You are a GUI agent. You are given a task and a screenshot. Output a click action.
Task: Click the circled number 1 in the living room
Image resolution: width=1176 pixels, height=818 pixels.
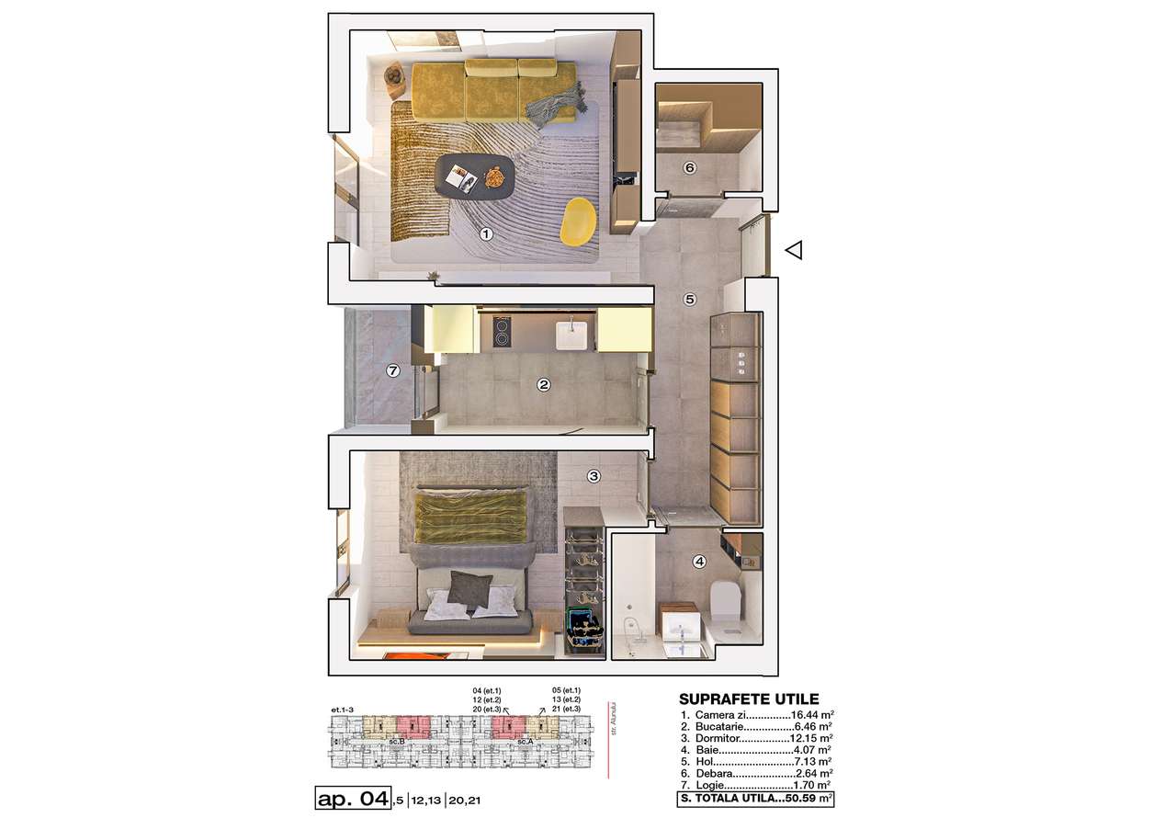click(487, 234)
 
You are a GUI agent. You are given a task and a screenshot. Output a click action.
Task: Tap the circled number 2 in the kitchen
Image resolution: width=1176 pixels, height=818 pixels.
click(543, 386)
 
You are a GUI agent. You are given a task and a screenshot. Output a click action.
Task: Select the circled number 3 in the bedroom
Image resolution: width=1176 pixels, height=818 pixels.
click(594, 476)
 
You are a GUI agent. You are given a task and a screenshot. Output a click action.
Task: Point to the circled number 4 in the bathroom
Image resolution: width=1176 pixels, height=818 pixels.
click(699, 562)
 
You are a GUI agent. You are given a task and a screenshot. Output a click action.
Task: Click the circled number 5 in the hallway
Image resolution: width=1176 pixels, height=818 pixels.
click(689, 299)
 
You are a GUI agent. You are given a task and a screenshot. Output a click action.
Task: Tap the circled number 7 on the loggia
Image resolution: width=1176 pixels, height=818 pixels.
click(393, 371)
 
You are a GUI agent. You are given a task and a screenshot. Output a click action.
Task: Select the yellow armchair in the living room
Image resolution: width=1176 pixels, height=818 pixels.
click(580, 222)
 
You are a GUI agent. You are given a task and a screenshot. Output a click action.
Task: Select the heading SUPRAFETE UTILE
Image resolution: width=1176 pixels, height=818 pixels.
click(747, 699)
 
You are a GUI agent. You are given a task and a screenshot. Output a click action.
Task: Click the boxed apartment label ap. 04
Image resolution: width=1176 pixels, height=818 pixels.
click(352, 798)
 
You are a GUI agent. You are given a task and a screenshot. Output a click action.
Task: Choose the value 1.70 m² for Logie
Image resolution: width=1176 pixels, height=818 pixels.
click(812, 786)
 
